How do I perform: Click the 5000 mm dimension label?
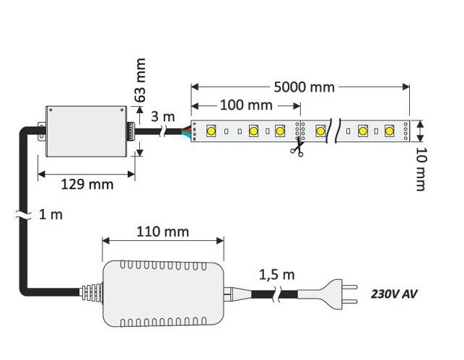[304, 87]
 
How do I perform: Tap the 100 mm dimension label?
[245, 105]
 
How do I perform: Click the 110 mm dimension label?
[162, 232]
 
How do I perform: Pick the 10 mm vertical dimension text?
[421, 169]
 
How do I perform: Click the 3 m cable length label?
[163, 116]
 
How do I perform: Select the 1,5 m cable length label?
[276, 275]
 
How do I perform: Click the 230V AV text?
[394, 294]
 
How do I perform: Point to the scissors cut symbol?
[296, 149]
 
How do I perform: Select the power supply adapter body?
[162, 292]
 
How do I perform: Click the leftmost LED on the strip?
[212, 131]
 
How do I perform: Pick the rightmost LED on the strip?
[390, 131]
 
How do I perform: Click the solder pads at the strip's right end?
[406, 131]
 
